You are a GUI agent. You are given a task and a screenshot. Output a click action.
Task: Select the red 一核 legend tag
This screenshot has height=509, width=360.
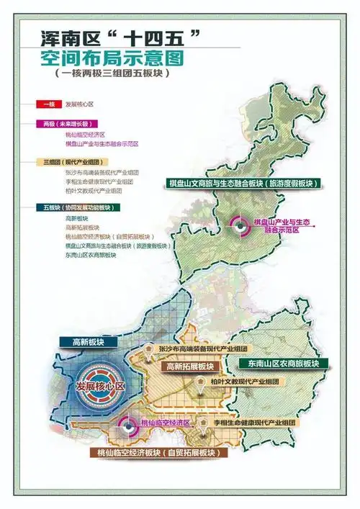coord(48,105)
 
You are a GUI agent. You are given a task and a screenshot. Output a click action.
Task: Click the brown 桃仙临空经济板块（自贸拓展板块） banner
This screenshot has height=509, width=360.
coord(156,454)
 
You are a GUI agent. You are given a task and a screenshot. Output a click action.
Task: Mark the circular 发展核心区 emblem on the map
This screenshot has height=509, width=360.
coord(100,386)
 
